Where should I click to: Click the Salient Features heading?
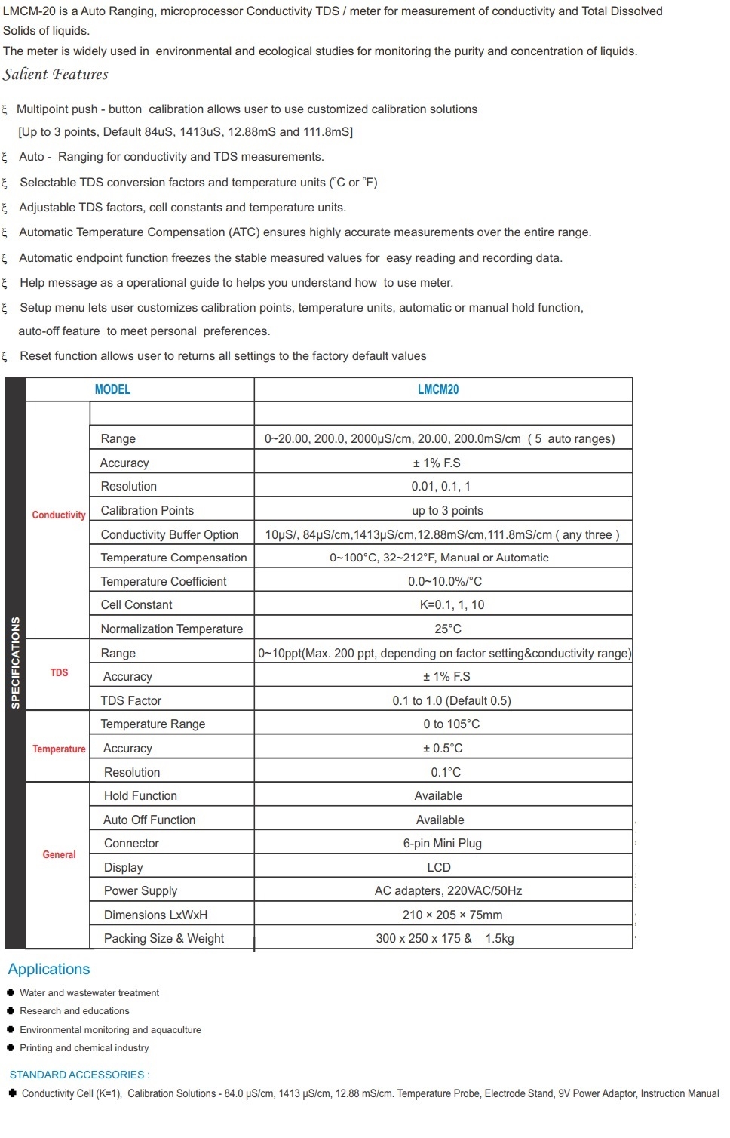point(55,75)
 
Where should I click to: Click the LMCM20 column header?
point(438,389)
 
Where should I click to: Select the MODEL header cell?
point(112,389)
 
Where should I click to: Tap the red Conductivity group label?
point(59,515)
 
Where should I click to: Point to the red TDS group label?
point(59,672)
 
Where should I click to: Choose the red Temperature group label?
point(59,749)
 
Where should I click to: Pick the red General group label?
point(59,854)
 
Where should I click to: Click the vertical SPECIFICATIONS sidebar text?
point(15,663)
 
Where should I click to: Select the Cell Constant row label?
point(136,604)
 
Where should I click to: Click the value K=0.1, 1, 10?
point(452,604)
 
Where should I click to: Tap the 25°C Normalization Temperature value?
point(448,629)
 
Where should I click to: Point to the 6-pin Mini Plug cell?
point(442,843)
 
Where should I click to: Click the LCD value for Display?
point(439,867)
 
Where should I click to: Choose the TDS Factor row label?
point(131,700)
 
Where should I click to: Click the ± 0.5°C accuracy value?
point(443,748)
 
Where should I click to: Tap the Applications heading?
point(49,969)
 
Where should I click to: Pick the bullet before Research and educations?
point(11,1010)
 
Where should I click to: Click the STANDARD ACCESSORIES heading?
point(79,1075)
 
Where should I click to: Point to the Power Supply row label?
point(140,890)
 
